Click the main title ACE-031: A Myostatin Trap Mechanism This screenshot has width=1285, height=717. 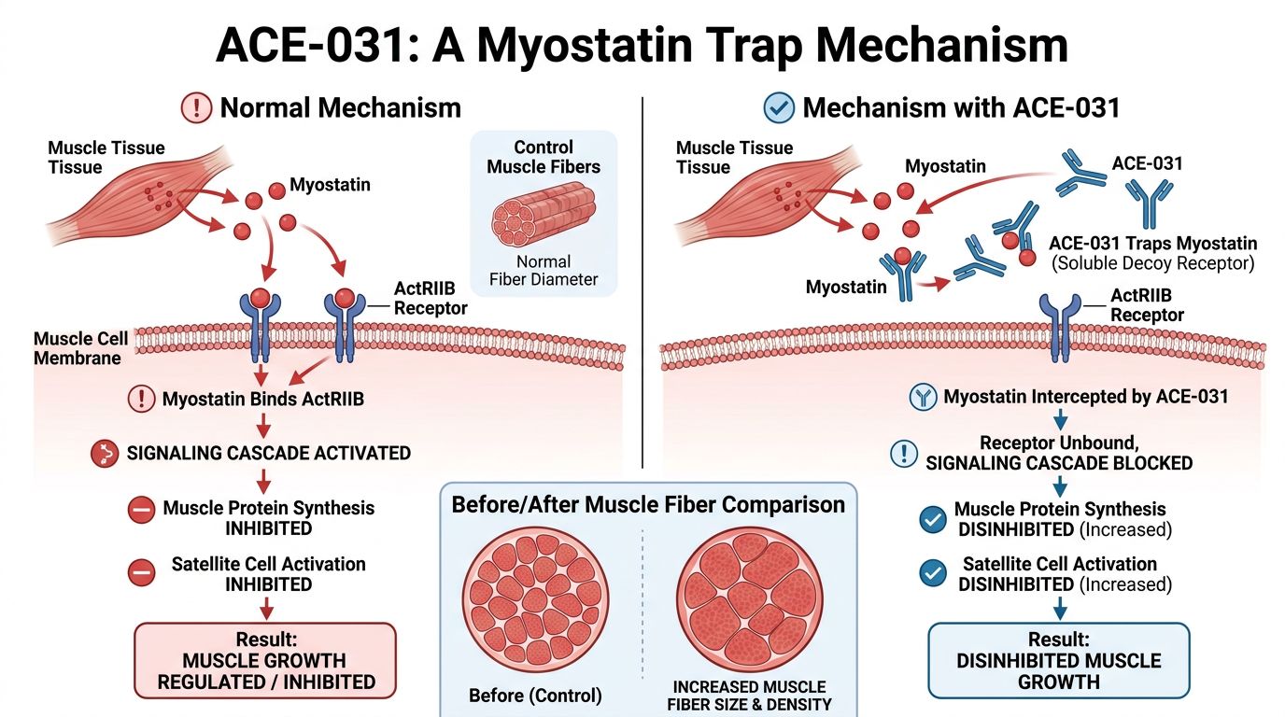point(642,44)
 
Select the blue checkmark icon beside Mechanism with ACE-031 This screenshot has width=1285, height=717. point(779,107)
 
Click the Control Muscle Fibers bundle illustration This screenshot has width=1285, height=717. point(543,217)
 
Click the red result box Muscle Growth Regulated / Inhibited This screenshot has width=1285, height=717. point(265,660)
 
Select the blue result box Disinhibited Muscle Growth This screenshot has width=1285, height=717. point(1058,660)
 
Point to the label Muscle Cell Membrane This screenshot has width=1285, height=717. point(79,348)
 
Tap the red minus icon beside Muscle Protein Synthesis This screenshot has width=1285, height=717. point(141,510)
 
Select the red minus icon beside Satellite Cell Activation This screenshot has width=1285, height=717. point(141,573)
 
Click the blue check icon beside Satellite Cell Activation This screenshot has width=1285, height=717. point(932,573)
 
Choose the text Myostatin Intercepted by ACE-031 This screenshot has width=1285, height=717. point(1085,397)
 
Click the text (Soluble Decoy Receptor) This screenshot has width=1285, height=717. point(1152,263)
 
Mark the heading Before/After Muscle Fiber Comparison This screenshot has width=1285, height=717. point(648,505)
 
